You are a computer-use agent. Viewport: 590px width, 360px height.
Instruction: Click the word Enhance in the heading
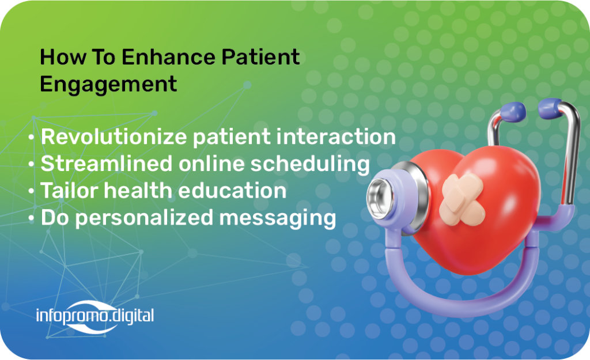[168, 57]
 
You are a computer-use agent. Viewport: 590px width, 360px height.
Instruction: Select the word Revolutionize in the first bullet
[114, 136]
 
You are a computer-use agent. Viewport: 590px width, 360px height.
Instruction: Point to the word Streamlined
[107, 164]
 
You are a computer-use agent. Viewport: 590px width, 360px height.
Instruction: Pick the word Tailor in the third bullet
[70, 190]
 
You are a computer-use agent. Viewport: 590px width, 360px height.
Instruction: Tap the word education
[232, 190]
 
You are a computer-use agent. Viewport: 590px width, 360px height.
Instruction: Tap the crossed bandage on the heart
[462, 199]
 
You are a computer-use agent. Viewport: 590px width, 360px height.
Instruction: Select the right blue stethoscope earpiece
[550, 108]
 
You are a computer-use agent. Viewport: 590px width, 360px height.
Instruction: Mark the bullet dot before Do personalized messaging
[31, 218]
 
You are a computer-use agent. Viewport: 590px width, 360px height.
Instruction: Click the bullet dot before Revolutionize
[31, 137]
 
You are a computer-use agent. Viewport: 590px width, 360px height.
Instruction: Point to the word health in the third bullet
[138, 190]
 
